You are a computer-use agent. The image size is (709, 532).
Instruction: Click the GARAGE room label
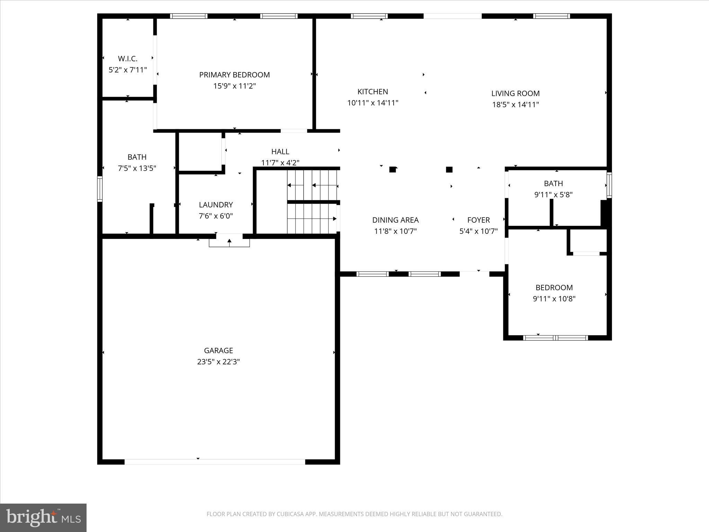click(218, 351)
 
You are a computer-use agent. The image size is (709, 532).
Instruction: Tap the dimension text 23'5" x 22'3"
click(218, 362)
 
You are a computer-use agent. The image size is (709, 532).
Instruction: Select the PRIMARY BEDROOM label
click(234, 75)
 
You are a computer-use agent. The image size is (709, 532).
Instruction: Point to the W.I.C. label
click(127, 59)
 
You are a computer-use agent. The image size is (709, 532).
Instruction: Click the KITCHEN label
click(373, 92)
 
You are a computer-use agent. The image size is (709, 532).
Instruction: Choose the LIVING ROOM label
click(515, 93)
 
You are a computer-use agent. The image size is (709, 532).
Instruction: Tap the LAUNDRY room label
click(216, 205)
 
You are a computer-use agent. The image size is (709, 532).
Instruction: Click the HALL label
click(280, 151)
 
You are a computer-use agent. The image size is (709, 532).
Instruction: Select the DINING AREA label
click(395, 220)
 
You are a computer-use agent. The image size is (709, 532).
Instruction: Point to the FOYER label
click(478, 220)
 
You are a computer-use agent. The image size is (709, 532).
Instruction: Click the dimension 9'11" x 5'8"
click(553, 195)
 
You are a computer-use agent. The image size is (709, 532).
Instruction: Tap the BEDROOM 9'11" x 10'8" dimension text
click(554, 299)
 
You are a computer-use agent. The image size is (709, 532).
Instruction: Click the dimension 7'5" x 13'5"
click(137, 168)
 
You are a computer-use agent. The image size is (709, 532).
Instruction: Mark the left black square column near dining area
click(392, 169)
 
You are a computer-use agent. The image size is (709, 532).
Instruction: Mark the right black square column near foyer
click(449, 169)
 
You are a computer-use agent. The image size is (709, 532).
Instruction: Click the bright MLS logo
click(43, 518)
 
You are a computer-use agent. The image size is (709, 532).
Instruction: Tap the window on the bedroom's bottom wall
click(555, 338)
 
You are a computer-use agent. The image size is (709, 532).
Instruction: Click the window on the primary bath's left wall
click(100, 189)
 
